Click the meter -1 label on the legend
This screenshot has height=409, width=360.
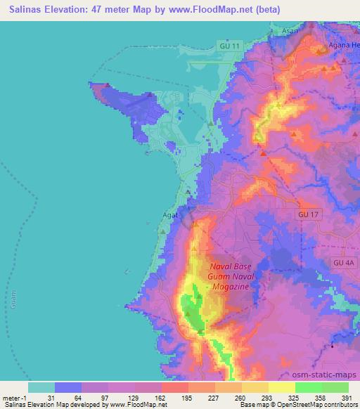click(x=15, y=398)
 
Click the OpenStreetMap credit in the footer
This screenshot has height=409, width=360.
click(x=323, y=405)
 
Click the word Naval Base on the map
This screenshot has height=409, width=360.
click(x=233, y=267)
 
